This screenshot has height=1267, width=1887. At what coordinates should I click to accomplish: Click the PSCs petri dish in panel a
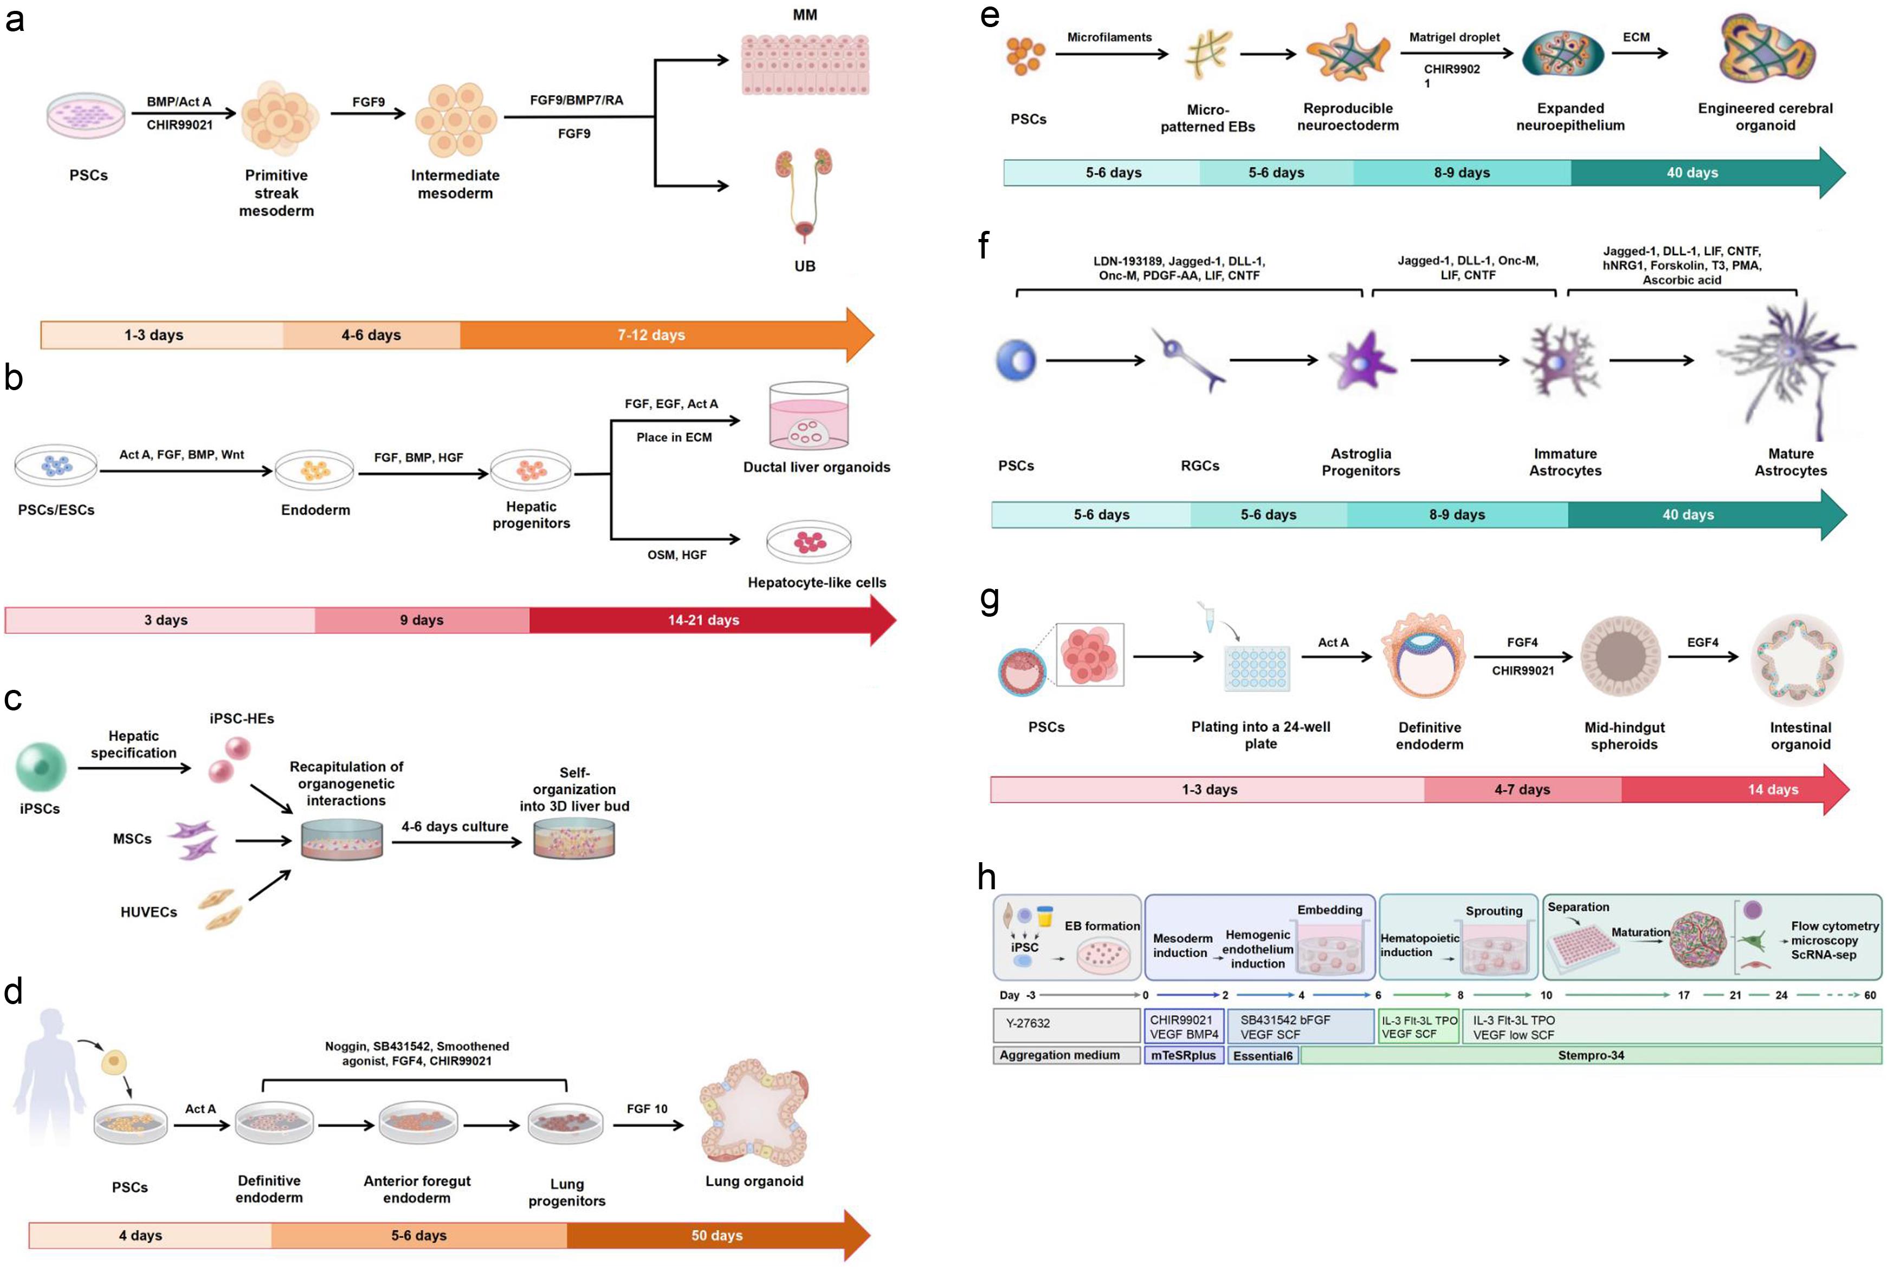click(x=86, y=115)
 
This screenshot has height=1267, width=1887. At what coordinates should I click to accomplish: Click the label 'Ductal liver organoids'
click(x=816, y=467)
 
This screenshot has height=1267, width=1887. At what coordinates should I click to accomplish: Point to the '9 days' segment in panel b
click(x=421, y=620)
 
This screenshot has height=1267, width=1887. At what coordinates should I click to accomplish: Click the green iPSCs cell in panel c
click(x=41, y=766)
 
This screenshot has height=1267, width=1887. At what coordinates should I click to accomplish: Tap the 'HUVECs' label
click(x=148, y=912)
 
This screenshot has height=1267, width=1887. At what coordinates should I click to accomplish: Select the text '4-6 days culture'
click(x=455, y=826)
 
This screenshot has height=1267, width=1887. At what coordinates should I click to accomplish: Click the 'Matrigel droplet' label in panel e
click(x=1454, y=37)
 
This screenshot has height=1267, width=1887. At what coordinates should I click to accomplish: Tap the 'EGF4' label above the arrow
click(x=1702, y=642)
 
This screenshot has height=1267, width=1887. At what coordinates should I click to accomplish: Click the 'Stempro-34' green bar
click(x=1591, y=1055)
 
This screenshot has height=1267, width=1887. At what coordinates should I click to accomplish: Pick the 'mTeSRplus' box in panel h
click(x=1183, y=1055)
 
